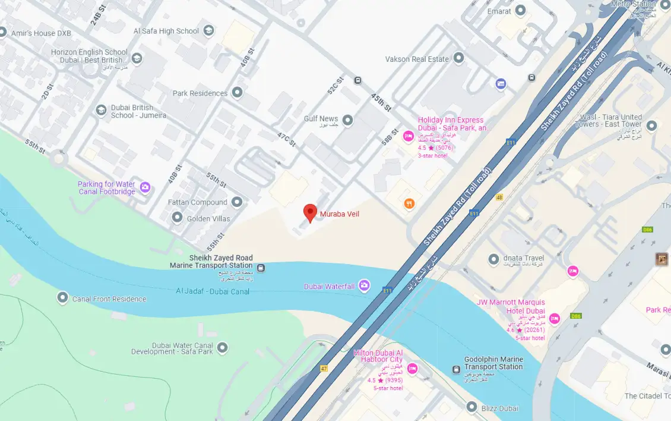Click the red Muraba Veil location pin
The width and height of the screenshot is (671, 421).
pos(309,212)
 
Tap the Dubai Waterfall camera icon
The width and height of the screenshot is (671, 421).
pos(364,286)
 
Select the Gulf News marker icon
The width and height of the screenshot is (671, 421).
pos(348,121)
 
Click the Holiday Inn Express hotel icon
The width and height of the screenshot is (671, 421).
pos(408,137)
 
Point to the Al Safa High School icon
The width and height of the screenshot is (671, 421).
pos(208,30)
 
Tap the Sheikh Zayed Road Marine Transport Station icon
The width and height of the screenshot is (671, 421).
pos(261,268)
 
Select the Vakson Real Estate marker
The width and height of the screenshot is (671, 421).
pos(459,58)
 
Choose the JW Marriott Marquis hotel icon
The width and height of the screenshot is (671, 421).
pos(554,319)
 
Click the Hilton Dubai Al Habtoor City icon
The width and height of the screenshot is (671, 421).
pos(412,369)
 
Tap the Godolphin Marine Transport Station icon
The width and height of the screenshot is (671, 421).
pos(455,370)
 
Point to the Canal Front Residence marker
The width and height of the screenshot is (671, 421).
pos(62,298)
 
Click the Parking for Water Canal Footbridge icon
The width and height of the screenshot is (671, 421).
pos(145,188)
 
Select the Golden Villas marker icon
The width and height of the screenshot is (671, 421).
pos(177,218)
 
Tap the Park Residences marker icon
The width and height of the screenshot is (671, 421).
pos(238,93)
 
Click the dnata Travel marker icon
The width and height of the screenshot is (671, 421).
pos(493,259)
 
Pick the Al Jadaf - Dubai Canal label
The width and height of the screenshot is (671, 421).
pos(213,291)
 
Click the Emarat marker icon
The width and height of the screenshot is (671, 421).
pos(521,10)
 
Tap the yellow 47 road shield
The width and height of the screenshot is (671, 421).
pos(324,369)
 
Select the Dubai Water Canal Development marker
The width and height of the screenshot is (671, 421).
pos(223,347)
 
